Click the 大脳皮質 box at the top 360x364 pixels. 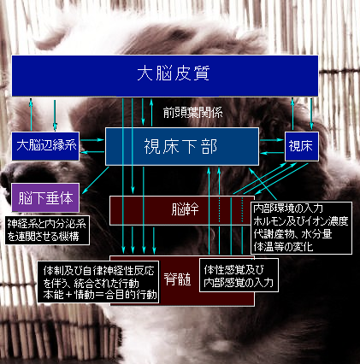(165, 76)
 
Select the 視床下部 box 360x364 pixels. (182, 146)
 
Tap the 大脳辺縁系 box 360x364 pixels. (45, 146)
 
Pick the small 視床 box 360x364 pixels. (302, 146)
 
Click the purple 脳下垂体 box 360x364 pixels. (45, 197)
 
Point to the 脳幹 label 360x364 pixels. (185, 210)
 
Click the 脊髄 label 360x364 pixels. (177, 279)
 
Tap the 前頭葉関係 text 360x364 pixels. (192, 113)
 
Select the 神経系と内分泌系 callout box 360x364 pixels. (47, 230)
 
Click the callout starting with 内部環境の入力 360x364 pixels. (301, 228)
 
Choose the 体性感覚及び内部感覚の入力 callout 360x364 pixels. (239, 275)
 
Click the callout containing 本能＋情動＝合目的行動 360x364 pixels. (98, 282)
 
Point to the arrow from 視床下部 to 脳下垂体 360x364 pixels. (95, 180)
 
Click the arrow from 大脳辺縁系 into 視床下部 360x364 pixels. (92, 140)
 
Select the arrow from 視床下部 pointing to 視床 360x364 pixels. (272, 140)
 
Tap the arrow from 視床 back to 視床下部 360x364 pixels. (272, 153)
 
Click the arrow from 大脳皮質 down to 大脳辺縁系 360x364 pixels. (55, 114)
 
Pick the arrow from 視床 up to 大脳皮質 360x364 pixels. (292, 114)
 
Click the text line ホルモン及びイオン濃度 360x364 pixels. (301, 221)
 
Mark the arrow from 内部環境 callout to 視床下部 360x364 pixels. (263, 184)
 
